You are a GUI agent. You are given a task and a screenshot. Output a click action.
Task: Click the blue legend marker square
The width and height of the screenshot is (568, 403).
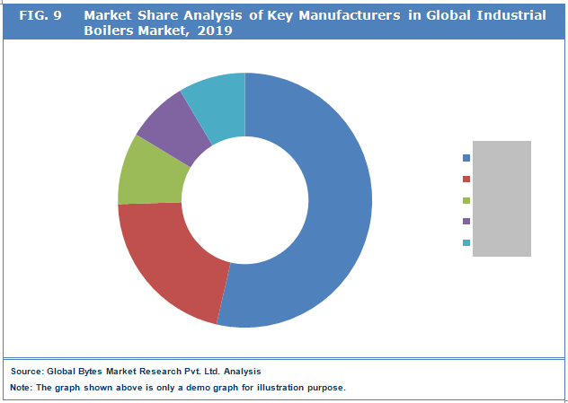pyautogui.click(x=466, y=157)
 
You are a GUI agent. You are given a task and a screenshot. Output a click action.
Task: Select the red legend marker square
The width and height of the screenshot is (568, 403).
pyautogui.click(x=466, y=179)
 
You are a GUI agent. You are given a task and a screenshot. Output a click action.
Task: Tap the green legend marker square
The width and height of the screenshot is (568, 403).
pyautogui.click(x=466, y=200)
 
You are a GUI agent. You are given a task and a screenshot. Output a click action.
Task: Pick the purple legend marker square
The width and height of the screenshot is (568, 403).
pyautogui.click(x=466, y=222)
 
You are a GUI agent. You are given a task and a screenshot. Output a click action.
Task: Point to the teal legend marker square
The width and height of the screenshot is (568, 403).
pyautogui.click(x=466, y=243)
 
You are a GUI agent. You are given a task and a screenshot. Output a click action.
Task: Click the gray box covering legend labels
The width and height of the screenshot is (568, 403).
pyautogui.click(x=501, y=198)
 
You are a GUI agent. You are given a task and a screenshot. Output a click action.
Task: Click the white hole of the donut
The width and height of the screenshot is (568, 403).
pyautogui.click(x=244, y=199)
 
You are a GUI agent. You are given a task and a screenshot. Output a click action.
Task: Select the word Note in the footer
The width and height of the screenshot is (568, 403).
pyautogui.click(x=21, y=388)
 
